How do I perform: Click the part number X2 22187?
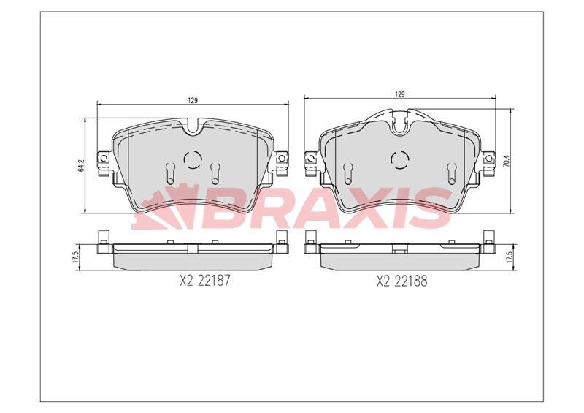pos(205,281)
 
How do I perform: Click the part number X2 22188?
pos(402,281)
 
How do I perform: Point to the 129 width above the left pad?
pos(192,100)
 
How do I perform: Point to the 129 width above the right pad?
pos(399,94)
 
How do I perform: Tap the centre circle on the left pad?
pos(193,160)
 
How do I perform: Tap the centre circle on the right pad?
pos(400,160)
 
